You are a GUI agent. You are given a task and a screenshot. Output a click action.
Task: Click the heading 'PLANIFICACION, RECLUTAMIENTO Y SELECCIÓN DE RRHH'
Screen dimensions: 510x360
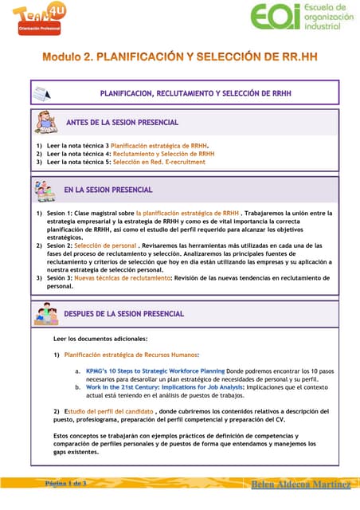[x=195, y=93]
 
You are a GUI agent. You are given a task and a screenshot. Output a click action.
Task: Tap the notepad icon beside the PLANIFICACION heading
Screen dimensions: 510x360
[x=42, y=94]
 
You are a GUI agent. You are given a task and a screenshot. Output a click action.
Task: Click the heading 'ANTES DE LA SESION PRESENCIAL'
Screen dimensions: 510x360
[x=122, y=122]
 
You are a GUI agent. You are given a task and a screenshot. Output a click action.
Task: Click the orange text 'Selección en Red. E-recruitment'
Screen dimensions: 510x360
[x=158, y=162]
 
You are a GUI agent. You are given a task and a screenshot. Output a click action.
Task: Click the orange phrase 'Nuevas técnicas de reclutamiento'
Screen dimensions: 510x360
[x=123, y=277]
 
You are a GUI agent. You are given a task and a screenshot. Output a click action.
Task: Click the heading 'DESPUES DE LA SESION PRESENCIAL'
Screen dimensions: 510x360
[x=123, y=314]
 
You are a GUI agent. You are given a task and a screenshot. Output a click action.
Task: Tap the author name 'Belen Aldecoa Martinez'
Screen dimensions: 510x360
[x=301, y=484]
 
